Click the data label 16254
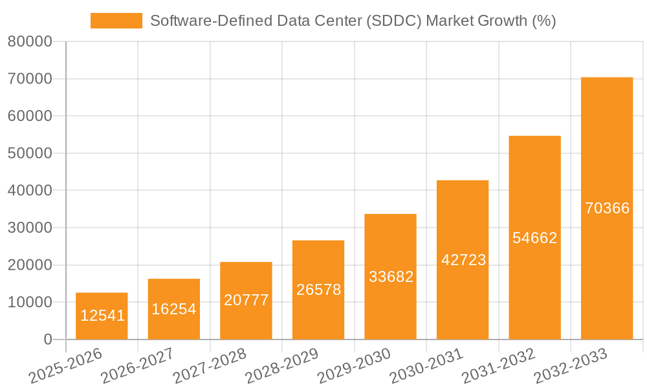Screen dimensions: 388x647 click(174, 309)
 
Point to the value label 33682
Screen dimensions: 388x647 click(391, 277)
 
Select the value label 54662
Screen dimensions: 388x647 click(535, 238)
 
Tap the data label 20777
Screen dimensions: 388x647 click(246, 300)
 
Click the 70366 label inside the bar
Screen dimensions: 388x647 click(607, 208)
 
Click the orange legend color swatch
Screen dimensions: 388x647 click(116, 21)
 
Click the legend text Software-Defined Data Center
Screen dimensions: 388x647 click(256, 21)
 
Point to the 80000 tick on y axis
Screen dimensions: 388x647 click(30, 42)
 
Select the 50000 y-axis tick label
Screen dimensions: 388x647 click(30, 153)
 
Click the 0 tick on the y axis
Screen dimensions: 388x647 click(47, 339)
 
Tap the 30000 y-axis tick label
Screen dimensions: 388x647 click(30, 228)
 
